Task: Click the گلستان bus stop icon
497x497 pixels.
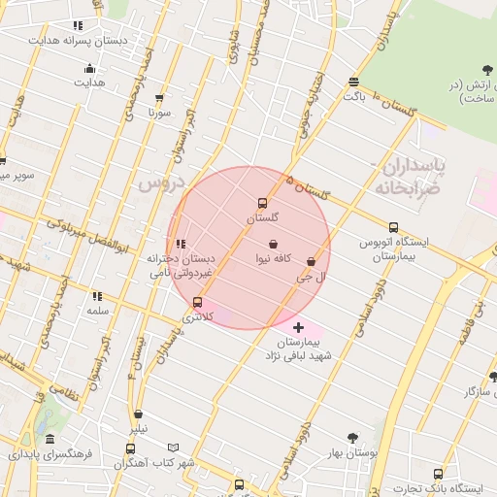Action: [x=262, y=203]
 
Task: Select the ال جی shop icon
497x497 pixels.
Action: [x=311, y=262]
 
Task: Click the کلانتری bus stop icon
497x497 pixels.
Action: [x=198, y=302]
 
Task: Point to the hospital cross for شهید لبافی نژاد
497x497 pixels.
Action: [x=298, y=328]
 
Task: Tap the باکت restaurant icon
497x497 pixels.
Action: [x=353, y=83]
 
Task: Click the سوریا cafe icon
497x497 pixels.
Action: [x=159, y=98]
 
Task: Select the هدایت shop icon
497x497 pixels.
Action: [x=90, y=68]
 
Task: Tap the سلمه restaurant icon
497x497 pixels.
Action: [x=97, y=296]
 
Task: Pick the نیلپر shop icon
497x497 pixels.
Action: [x=139, y=414]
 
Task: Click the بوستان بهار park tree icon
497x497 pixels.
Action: [x=352, y=438]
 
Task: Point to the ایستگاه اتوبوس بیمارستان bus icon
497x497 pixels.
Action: [x=393, y=227]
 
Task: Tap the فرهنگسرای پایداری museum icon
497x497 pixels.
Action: [x=50, y=440]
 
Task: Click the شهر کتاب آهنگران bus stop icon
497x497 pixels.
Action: [x=130, y=448]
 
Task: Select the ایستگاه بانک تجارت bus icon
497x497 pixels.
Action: [x=438, y=474]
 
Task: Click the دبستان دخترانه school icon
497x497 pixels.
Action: [x=181, y=244]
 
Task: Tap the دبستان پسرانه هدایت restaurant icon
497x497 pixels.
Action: [x=78, y=26]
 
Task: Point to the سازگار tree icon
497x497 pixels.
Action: [x=492, y=376]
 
